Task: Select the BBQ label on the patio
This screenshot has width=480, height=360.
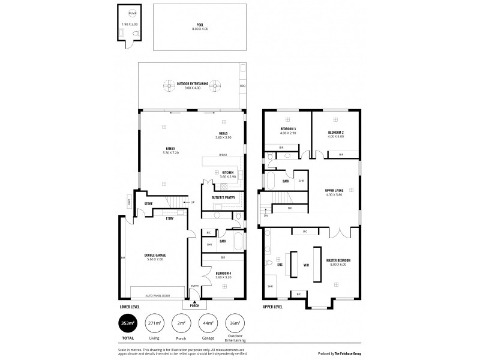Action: pos(242,86)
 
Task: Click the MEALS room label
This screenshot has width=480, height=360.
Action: pos(223,134)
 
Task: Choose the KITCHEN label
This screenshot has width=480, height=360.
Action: pos(227,173)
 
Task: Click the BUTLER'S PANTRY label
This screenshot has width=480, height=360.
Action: pos(223,197)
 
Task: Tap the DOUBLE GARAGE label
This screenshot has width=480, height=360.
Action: pos(155,256)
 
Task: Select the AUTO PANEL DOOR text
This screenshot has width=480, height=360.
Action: pos(158,296)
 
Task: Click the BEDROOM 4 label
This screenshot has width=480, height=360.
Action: pos(223,275)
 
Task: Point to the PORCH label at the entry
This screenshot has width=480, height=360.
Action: pos(194,306)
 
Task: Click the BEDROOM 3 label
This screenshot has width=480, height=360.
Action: pos(288,129)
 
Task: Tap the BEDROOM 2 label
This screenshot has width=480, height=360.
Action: pos(335,133)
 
